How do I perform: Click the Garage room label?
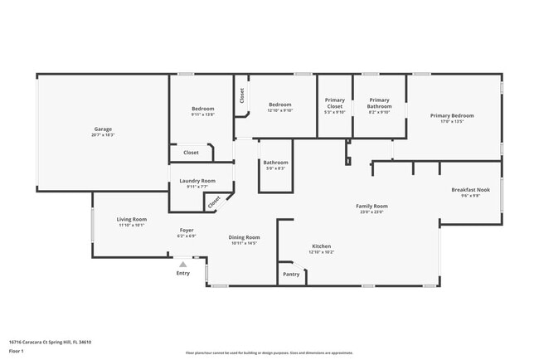103,129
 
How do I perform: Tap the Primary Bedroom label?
452,115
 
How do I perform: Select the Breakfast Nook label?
470,190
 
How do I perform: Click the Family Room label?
371,206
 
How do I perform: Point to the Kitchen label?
322,246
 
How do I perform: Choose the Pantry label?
291,274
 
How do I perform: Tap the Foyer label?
187,231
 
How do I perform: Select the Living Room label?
131,219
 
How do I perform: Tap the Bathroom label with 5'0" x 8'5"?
275,163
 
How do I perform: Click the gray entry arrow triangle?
183,265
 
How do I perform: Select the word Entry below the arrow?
182,273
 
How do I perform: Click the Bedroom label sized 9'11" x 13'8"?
202,109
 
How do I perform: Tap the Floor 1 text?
16,351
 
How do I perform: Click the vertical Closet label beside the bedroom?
242,95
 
